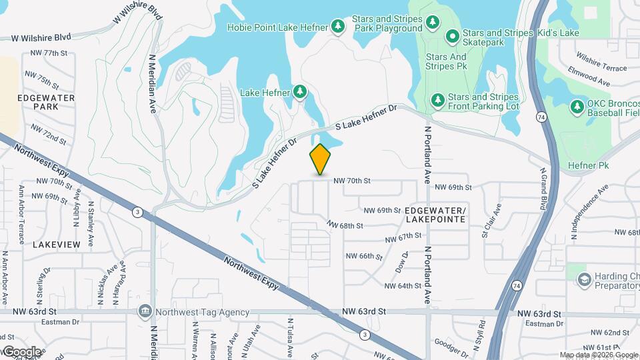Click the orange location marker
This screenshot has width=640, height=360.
pyautogui.click(x=320, y=159)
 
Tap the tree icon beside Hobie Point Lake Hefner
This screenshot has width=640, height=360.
pyautogui.click(x=339, y=26)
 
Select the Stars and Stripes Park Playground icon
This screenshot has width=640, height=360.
pyautogui.click(x=433, y=23)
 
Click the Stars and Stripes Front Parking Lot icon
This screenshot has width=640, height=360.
pyautogui.click(x=438, y=100)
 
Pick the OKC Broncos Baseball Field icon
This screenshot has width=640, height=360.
pyautogui.click(x=577, y=106)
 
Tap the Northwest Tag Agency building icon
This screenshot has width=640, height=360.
pyautogui.click(x=144, y=311)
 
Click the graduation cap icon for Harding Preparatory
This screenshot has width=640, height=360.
pyautogui.click(x=585, y=279)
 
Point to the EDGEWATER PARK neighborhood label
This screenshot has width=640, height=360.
pyautogui.click(x=47, y=102)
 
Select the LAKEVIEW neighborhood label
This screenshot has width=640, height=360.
pyautogui.click(x=56, y=245)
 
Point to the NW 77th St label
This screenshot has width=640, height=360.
pyautogui.click(x=46, y=53)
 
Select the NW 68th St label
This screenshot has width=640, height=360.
pyautogui.click(x=345, y=226)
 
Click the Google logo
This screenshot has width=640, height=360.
pyautogui.click(x=21, y=351)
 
